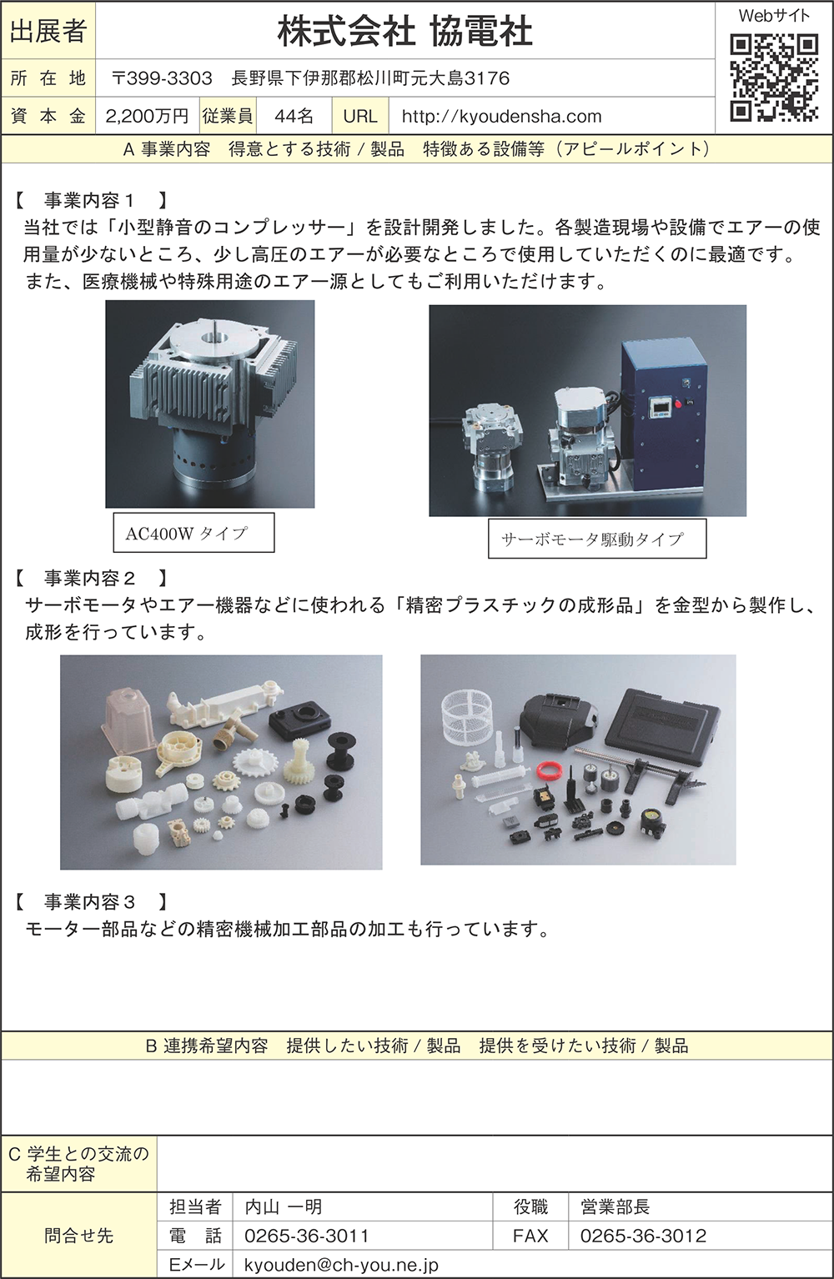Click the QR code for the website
click(x=774, y=78)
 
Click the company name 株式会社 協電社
click(x=405, y=32)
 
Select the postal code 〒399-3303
click(x=163, y=78)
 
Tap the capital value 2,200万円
click(x=148, y=117)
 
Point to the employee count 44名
click(x=294, y=117)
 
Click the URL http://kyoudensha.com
click(x=501, y=117)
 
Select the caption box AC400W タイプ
click(x=193, y=533)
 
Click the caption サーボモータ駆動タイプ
click(x=597, y=539)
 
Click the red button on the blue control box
click(x=678, y=405)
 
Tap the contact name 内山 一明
click(x=284, y=1206)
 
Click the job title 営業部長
click(x=615, y=1206)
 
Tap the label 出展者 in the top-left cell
click(x=48, y=32)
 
